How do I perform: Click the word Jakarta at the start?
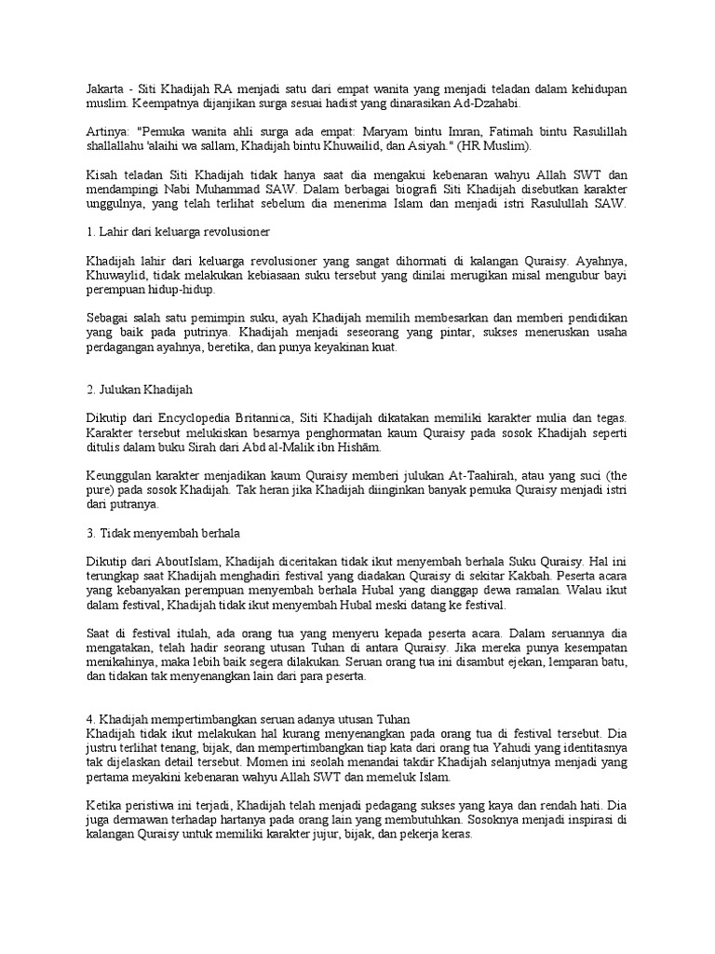pyautogui.click(x=97, y=88)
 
